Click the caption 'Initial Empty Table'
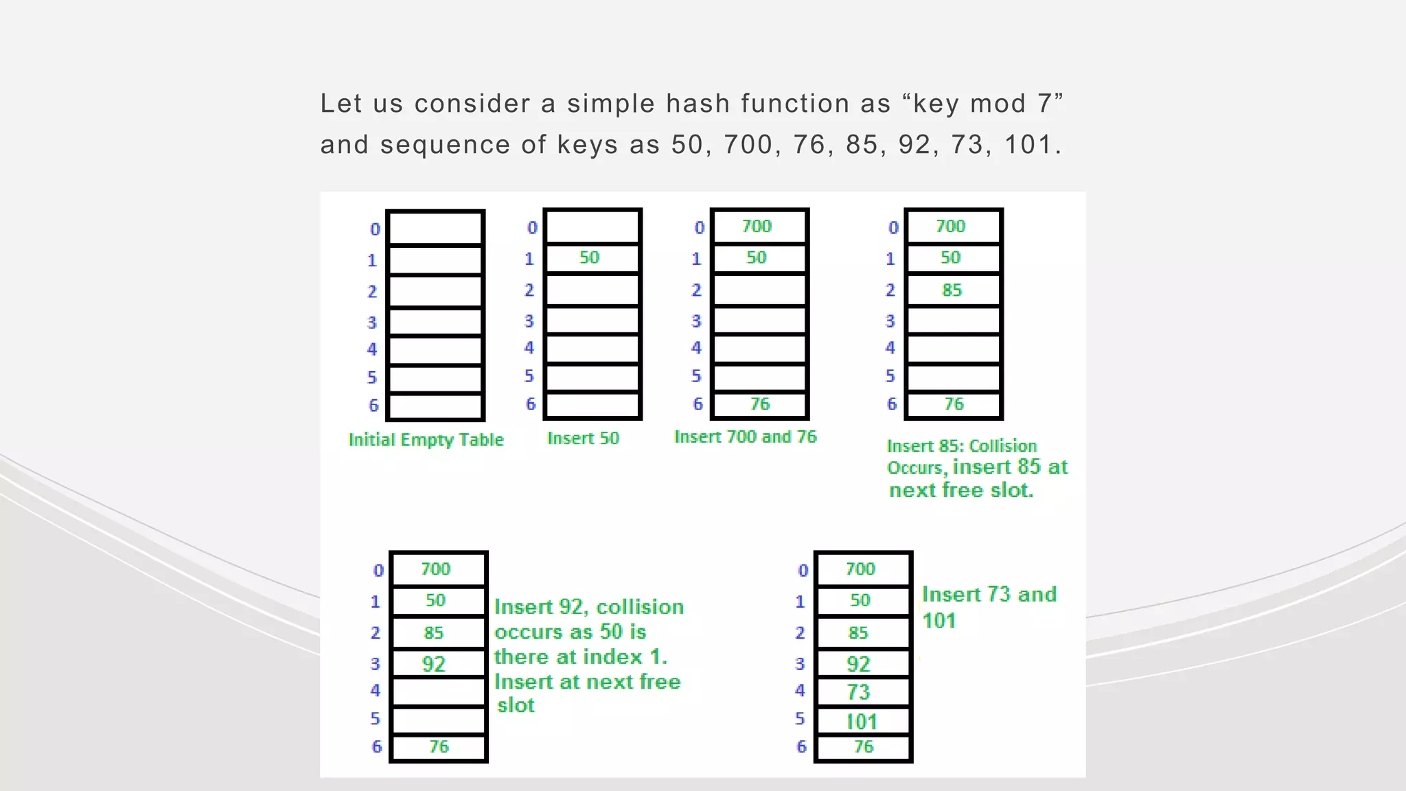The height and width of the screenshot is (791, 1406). (426, 439)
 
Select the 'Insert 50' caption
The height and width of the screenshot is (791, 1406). (583, 438)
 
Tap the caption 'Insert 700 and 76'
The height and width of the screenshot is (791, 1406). (745, 437)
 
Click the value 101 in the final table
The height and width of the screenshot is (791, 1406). (861, 722)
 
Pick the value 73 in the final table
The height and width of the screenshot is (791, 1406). (858, 692)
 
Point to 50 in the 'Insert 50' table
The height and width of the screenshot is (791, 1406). (589, 257)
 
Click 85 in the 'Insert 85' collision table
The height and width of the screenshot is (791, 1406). (952, 290)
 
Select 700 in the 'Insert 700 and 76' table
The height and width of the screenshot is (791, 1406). (757, 227)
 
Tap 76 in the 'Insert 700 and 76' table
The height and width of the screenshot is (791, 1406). (760, 404)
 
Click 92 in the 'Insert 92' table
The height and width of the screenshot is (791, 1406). (433, 664)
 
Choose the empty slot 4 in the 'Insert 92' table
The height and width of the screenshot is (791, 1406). (438, 691)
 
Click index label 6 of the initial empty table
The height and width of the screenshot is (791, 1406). (373, 405)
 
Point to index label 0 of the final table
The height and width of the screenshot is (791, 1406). (803, 571)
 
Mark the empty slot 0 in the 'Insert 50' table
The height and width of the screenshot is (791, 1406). (592, 227)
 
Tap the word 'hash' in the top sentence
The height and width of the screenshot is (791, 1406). (698, 104)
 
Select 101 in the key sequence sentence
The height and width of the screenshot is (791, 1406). (1028, 145)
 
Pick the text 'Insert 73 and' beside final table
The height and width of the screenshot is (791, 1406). (989, 595)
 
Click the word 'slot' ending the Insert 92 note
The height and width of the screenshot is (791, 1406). (516, 705)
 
